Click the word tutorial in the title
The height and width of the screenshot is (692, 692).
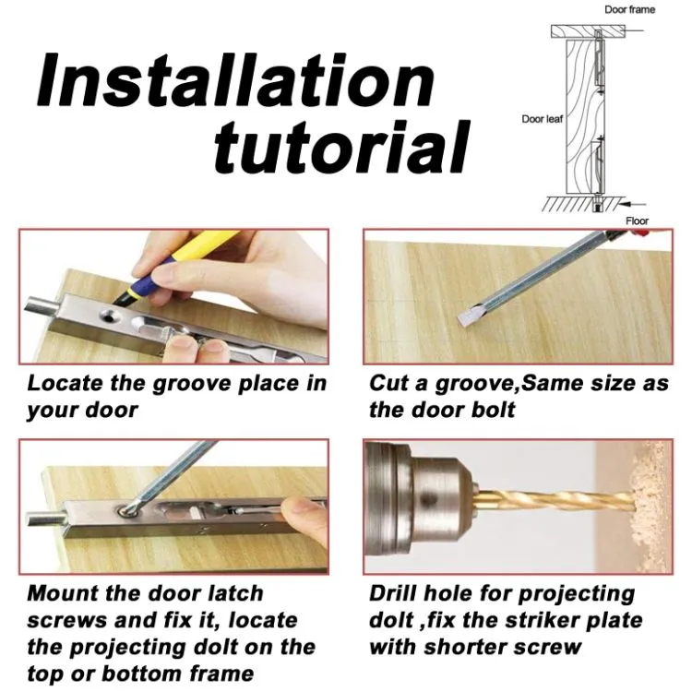[x=342, y=146]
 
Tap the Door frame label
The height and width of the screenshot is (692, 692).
[x=630, y=10]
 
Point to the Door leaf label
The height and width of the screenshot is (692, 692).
[x=542, y=119]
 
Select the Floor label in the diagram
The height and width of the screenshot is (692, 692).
[x=637, y=221]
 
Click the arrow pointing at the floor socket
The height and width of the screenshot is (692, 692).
[x=632, y=204]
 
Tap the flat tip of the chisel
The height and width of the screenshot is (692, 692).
[x=466, y=316]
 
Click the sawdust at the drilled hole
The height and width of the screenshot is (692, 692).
[x=649, y=507]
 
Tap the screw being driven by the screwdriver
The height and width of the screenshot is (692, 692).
[x=127, y=510]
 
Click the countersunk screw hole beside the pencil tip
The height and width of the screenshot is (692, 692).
[x=110, y=316]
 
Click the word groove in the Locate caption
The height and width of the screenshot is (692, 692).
[x=193, y=384]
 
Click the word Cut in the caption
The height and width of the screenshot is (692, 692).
[x=388, y=383]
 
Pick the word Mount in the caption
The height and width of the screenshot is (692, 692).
[x=63, y=593]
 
